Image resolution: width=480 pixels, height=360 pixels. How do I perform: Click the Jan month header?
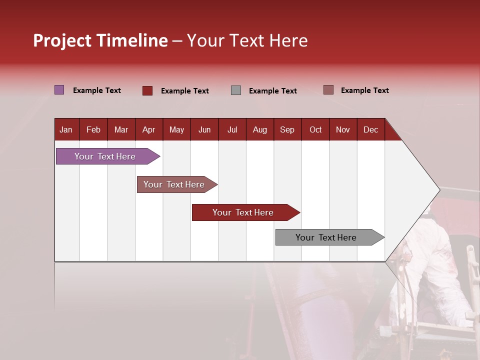click(66, 129)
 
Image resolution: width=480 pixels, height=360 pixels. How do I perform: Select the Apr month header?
click(149, 129)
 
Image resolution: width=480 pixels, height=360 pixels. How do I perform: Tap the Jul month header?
click(232, 129)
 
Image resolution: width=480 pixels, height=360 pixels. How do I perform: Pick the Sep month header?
click(287, 129)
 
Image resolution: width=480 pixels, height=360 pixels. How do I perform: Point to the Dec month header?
click(370, 129)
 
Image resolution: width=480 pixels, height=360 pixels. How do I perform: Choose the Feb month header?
click(93, 129)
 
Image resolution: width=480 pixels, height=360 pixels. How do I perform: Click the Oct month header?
click(315, 129)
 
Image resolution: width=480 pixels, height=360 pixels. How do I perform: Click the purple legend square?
click(59, 90)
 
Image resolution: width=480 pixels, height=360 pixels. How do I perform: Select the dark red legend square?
click(147, 90)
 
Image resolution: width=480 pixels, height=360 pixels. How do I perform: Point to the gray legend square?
click(236, 90)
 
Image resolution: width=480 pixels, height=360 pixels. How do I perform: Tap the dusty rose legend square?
click(328, 90)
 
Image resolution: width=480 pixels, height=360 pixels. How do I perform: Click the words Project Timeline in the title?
click(100, 40)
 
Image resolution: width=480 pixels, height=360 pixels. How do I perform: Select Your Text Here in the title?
click(247, 40)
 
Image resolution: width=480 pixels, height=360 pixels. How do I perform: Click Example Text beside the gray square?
click(272, 91)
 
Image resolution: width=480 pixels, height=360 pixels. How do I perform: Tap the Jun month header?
click(204, 129)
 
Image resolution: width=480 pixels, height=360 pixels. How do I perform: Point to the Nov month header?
click(343, 129)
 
